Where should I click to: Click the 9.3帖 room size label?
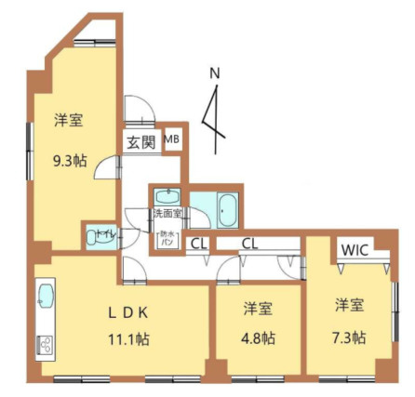70,159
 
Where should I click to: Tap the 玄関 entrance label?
141,143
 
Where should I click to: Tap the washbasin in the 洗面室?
168,197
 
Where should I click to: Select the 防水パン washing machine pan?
167,239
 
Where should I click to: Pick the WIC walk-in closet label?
354,250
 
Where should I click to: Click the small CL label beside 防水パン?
197,245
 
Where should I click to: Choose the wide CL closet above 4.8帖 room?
250,245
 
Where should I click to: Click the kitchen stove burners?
45,344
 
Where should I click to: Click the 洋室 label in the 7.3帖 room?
350,304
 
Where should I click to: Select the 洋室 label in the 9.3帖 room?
70,120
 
